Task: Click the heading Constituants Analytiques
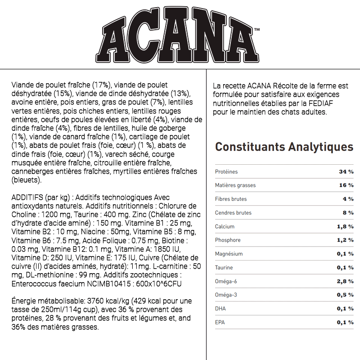pyautogui.click(x=284, y=147)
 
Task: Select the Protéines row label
pyautogui.click(x=226, y=172)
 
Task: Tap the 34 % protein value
pyautogui.click(x=346, y=172)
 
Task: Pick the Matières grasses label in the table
pyautogui.click(x=235, y=185)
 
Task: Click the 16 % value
pyautogui.click(x=346, y=185)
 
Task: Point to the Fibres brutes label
pyautogui.click(x=231, y=199)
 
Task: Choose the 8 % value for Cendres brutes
pyautogui.click(x=348, y=213)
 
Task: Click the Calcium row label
pyautogui.click(x=225, y=226)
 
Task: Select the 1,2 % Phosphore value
pyautogui.click(x=345, y=240)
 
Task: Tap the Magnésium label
pyautogui.click(x=229, y=254)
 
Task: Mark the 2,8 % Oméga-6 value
pyautogui.click(x=345, y=281)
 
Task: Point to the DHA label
pyautogui.click(x=220, y=309)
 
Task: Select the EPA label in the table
pyautogui.click(x=220, y=322)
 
